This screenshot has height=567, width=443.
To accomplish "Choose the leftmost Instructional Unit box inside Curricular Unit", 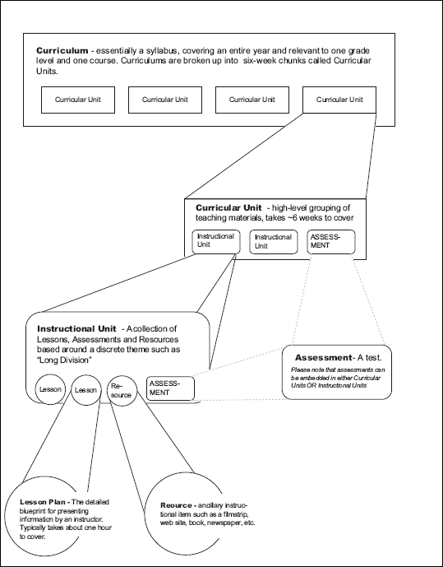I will pyautogui.click(x=216, y=240).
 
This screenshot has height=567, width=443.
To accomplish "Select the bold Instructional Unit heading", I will pyautogui.click(x=78, y=328).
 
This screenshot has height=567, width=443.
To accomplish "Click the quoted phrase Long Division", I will pyautogui.click(x=65, y=360).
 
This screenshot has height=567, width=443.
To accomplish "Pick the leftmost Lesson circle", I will pyautogui.click(x=52, y=389).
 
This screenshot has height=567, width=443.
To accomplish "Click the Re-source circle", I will pyautogui.click(x=121, y=390).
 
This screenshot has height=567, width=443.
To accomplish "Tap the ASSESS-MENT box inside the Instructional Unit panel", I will pyautogui.click(x=171, y=388).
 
